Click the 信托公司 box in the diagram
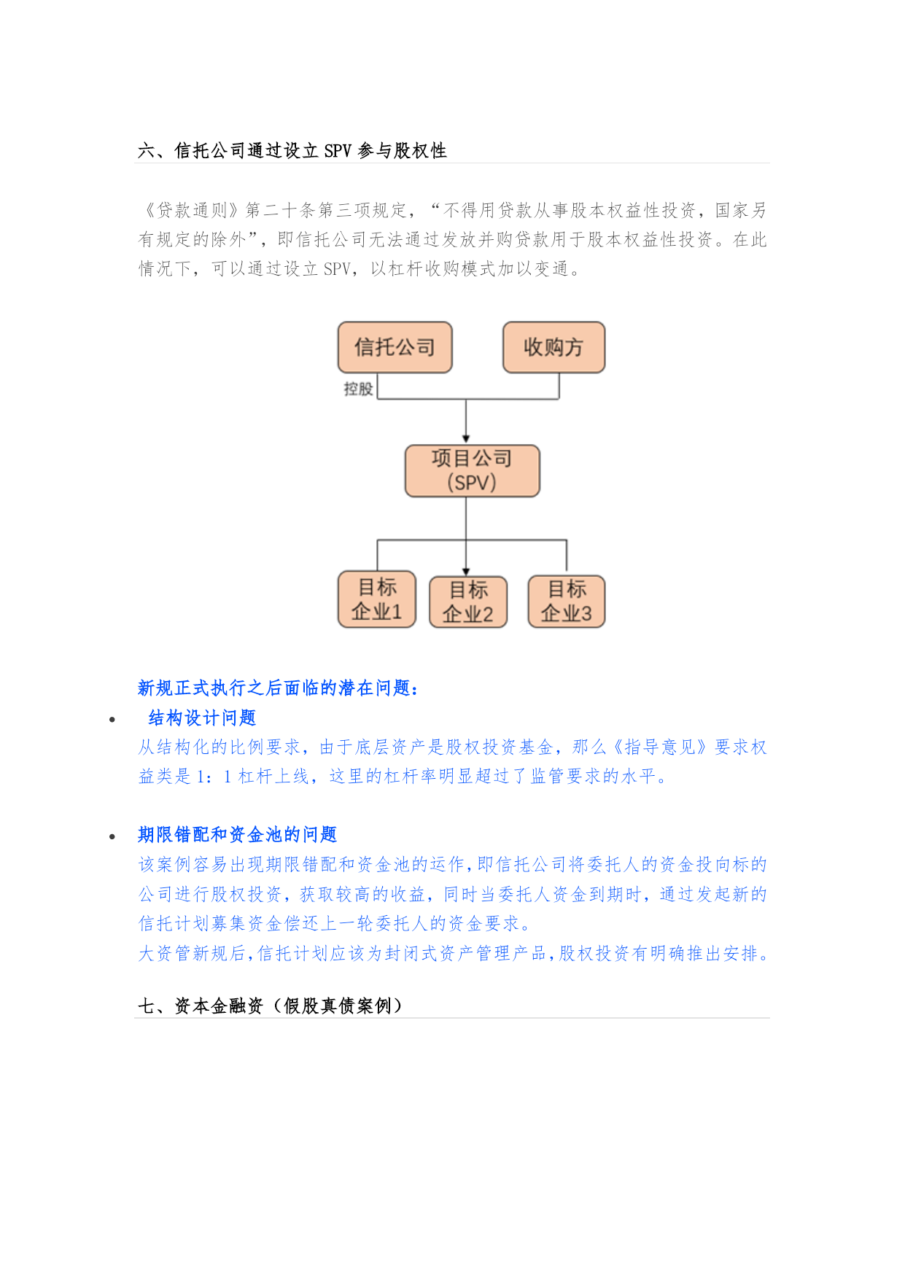pyautogui.click(x=395, y=347)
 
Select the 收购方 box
pyautogui.click(x=554, y=347)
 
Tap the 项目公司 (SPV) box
pyautogui.click(x=472, y=471)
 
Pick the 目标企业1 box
pyautogui.click(x=376, y=599)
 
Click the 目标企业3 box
pyautogui.click(x=566, y=602)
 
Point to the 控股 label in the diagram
pyautogui.click(x=358, y=389)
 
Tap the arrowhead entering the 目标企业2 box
pyautogui.click(x=466, y=572)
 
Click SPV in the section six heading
pyautogui.click(x=338, y=151)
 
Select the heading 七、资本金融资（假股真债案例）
pyautogui.click(x=270, y=1006)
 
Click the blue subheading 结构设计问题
pyautogui.click(x=202, y=718)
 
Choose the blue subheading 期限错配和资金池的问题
pyautogui.click(x=238, y=835)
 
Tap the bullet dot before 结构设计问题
pyautogui.click(x=112, y=720)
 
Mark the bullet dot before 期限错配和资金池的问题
pyautogui.click(x=112, y=836)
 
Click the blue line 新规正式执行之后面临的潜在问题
pyautogui.click(x=278, y=688)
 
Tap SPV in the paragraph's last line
pyautogui.click(x=337, y=269)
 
